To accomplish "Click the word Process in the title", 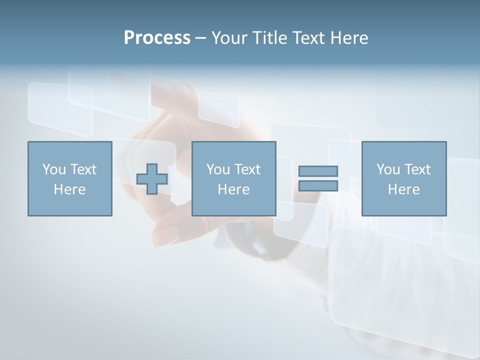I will point(157,38).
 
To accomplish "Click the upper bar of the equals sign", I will point(318,171).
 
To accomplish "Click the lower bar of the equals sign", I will point(318,185).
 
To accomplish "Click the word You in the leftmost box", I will point(54,169).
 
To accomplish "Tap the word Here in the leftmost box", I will point(69,189).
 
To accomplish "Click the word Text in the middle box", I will point(247,169).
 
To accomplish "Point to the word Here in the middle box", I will point(233,189).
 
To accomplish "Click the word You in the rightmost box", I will point(388,169).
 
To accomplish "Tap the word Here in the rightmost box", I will point(403,189).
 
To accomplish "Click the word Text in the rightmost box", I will point(417,169).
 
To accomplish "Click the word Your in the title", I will point(230,38).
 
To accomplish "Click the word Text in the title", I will point(309,38).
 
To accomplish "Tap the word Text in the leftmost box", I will point(83,169).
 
